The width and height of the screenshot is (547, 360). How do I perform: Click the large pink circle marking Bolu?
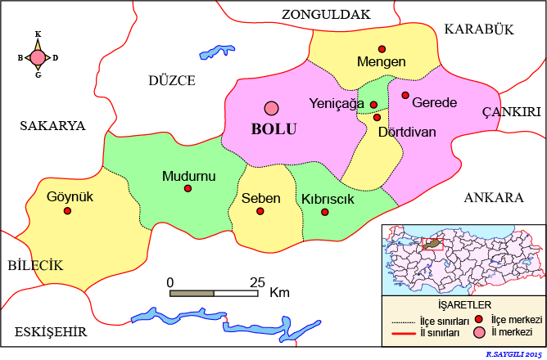pos(271,108)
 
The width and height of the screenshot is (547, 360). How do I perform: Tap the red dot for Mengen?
pos(382,49)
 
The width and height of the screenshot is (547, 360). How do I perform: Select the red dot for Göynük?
pos(67,210)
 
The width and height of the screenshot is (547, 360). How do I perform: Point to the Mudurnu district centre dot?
pos(188,189)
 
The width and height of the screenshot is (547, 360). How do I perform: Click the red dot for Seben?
pos(260,211)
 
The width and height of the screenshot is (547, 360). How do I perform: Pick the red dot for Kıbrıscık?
pos(325,212)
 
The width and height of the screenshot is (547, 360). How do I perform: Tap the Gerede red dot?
pos(405,96)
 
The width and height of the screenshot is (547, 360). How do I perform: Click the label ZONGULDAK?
pos(326,14)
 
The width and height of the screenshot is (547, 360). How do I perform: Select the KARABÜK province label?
pos(478,29)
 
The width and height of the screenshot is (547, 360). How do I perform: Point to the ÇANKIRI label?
pos(512,112)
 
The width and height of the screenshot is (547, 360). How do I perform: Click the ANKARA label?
pos(493,198)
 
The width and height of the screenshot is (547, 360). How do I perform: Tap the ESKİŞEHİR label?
pos(52,331)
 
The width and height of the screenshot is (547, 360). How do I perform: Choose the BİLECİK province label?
pos(35,265)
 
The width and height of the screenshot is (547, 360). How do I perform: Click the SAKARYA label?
pos(52,125)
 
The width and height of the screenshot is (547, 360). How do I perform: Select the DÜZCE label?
pos(172,80)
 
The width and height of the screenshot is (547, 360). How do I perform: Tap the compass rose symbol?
pos(38,57)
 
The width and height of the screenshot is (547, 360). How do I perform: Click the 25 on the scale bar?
pos(257,282)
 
